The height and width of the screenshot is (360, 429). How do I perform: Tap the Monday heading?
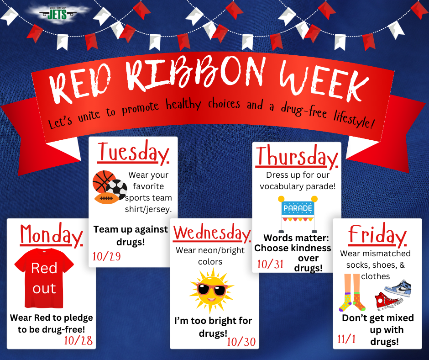click(x=51, y=236)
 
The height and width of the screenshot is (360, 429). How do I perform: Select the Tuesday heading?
click(x=133, y=153)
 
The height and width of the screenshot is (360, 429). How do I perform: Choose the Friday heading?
click(x=377, y=236)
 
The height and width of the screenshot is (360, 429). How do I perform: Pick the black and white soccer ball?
click(x=117, y=190)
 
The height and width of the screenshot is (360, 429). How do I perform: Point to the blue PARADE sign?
click(x=298, y=208)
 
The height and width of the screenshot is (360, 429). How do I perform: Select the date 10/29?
click(x=107, y=256)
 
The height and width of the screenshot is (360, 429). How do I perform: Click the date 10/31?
click(x=271, y=264)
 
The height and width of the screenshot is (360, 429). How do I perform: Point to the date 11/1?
click(x=347, y=339)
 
